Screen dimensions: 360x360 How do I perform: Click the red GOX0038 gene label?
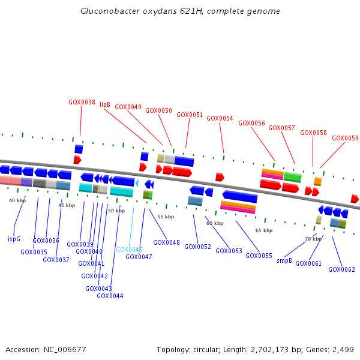point(82,102)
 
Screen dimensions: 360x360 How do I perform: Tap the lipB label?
point(105,104)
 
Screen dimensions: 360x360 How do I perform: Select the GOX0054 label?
point(220,118)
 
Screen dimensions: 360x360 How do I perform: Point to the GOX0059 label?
point(346,138)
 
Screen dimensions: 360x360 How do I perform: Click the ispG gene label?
point(14,239)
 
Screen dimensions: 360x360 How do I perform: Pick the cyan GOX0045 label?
point(129,250)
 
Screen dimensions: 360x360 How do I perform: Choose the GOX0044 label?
point(110,296)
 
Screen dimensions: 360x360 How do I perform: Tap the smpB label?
point(284,260)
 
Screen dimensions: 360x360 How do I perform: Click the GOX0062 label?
point(341,269)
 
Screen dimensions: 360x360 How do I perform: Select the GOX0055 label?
point(259,256)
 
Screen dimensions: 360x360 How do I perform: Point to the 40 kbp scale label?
point(17,200)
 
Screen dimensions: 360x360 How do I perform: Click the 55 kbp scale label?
point(166,217)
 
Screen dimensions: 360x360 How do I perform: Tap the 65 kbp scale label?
point(264,230)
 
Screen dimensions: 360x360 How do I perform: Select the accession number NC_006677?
point(65,350)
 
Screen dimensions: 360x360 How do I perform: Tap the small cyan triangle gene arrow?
point(137,183)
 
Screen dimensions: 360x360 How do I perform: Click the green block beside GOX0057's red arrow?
point(293,177)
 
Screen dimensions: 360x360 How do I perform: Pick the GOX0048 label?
point(166,242)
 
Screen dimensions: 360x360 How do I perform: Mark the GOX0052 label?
point(197,247)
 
